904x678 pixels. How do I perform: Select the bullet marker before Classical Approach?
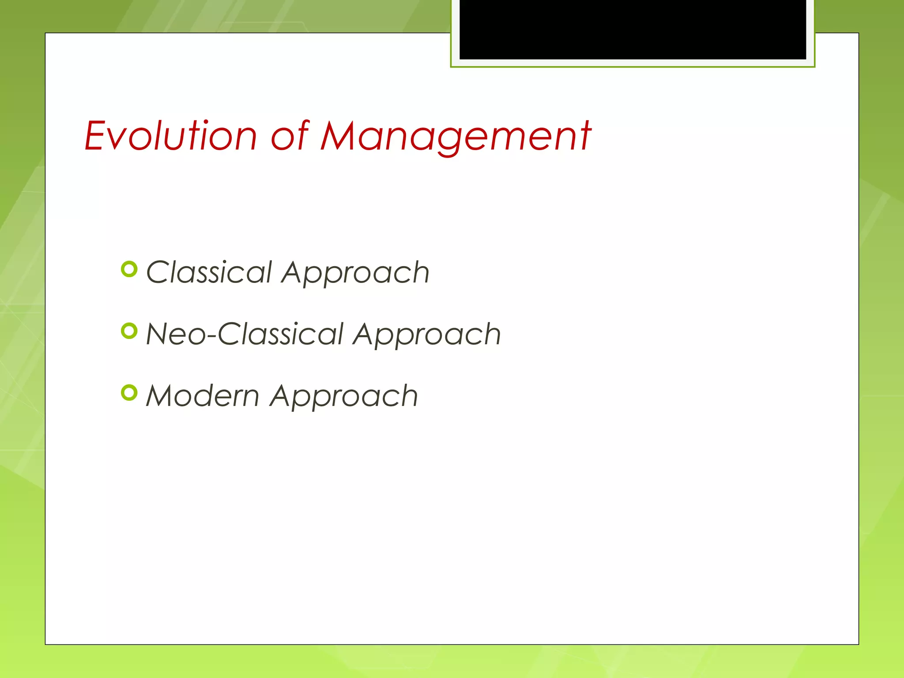129,269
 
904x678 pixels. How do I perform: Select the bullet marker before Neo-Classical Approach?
129,331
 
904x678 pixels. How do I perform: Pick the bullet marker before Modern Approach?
129,392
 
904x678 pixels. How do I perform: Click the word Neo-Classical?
245,334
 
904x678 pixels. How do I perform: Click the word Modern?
203,396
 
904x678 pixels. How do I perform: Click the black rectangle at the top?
633,29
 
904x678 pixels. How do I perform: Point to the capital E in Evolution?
96,136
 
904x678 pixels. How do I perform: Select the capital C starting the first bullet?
157,272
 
